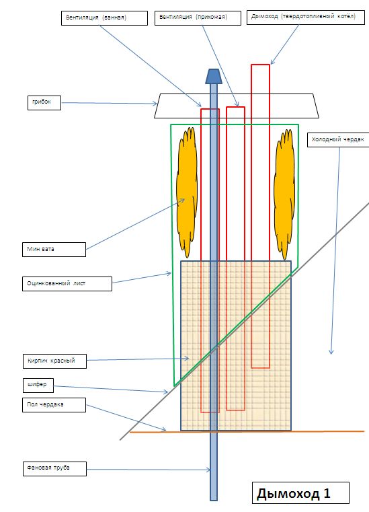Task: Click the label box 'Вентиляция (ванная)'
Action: point(104,18)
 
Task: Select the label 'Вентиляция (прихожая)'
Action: point(198,18)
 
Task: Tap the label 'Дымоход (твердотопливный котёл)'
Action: point(306,17)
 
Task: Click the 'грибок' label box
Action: point(44,103)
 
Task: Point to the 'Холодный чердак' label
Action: point(338,140)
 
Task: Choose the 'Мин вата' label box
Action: point(54,250)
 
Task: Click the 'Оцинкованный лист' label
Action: point(67,284)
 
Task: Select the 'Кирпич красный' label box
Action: point(55,361)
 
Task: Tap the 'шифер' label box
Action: point(38,386)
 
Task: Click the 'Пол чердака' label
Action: point(54,405)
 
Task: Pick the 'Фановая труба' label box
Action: point(55,468)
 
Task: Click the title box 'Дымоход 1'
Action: point(300,492)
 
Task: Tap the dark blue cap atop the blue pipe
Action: point(213,76)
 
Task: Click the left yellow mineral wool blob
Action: point(187,192)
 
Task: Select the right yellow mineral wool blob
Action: point(284,194)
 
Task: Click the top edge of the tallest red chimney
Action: point(260,65)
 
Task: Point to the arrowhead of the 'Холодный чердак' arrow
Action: point(331,352)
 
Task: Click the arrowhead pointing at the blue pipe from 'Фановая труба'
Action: point(208,470)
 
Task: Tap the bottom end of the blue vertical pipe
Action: point(213,500)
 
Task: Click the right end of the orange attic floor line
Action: point(364,431)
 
